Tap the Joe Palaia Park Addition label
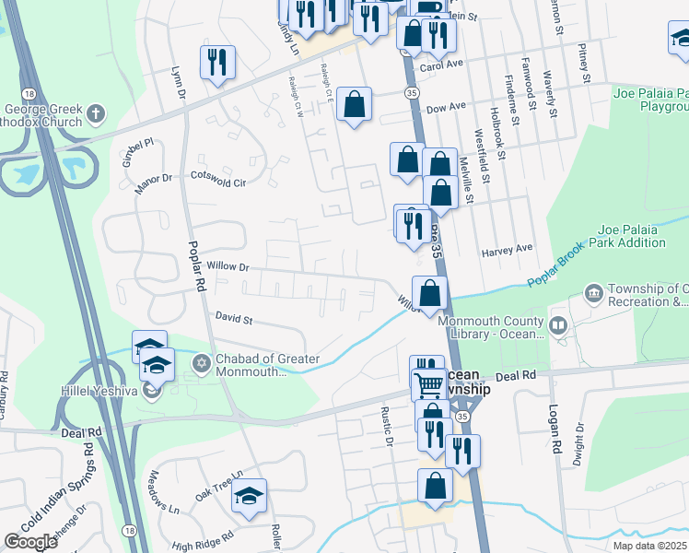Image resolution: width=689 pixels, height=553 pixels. (x=631, y=236)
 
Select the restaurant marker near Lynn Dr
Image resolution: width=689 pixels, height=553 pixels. (x=217, y=63)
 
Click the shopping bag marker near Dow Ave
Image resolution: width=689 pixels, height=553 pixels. (x=354, y=104)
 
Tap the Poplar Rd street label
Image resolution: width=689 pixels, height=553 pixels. (x=195, y=268)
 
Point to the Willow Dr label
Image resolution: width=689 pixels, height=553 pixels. (x=228, y=266)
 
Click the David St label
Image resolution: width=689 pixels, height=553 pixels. (x=234, y=318)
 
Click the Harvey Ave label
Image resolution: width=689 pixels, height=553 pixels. (x=507, y=249)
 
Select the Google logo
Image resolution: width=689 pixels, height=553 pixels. (x=31, y=542)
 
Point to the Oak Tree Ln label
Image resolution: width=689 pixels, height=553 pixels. (x=218, y=485)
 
